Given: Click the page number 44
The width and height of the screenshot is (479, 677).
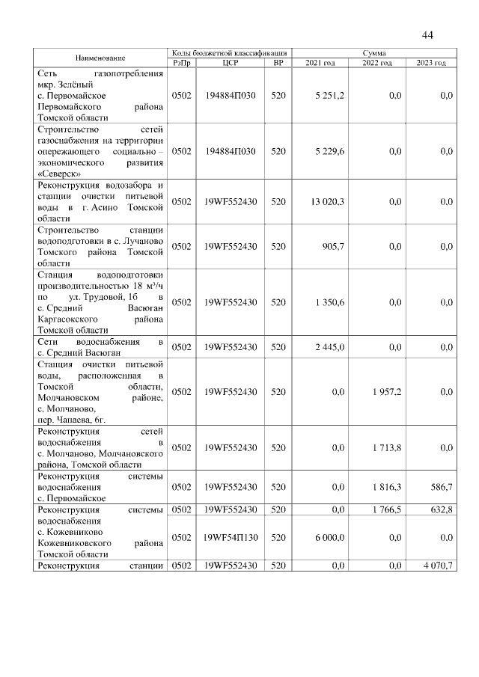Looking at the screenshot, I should point(428,35).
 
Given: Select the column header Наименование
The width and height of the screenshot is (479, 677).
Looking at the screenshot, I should point(100,58).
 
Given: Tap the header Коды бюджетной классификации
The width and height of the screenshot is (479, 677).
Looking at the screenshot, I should point(229,53).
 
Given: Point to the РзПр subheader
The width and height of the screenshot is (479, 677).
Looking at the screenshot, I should point(182,63).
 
